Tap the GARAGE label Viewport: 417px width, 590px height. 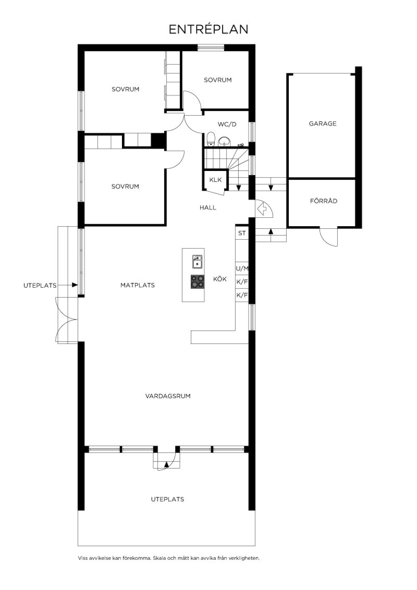click(x=323, y=124)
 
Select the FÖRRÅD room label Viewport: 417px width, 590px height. click(x=324, y=201)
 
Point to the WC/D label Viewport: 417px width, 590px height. click(x=227, y=124)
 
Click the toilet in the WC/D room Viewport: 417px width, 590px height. click(x=211, y=139)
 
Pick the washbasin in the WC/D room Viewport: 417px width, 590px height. click(x=224, y=141)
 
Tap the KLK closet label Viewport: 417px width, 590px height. click(x=215, y=180)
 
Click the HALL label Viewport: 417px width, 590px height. click(x=208, y=207)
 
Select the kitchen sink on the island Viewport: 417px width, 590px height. click(x=197, y=261)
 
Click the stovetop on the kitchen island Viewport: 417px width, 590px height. click(x=197, y=281)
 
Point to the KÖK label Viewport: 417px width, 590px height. click(x=220, y=279)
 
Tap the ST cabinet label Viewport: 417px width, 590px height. click(x=242, y=233)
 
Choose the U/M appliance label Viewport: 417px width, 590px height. click(x=242, y=269)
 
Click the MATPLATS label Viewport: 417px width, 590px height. click(x=138, y=285)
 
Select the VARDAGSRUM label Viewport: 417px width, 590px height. click(x=168, y=396)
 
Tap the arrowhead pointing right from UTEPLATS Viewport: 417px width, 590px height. click(x=75, y=285)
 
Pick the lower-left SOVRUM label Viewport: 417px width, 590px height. click(x=125, y=187)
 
